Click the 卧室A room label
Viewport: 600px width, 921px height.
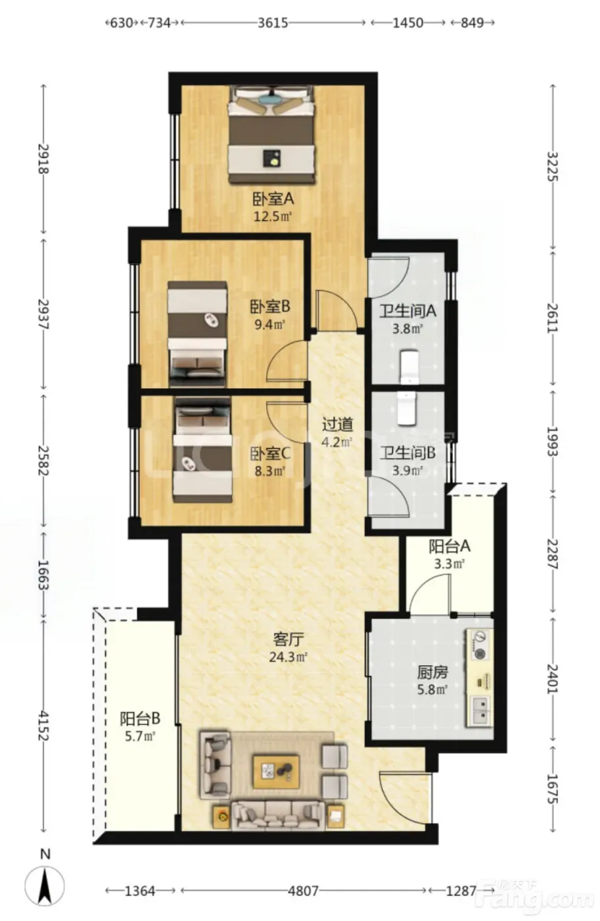pyautogui.click(x=273, y=199)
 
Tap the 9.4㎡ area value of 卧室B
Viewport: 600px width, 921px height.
pyautogui.click(x=269, y=325)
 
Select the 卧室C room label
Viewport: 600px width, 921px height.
pyautogui.click(x=270, y=453)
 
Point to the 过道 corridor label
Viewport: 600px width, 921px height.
pyautogui.click(x=337, y=424)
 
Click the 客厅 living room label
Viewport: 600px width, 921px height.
pyautogui.click(x=288, y=639)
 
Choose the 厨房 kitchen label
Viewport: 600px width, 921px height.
pyautogui.click(x=432, y=672)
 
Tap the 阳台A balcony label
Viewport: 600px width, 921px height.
pyautogui.click(x=449, y=546)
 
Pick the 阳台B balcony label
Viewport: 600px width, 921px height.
pyautogui.click(x=139, y=718)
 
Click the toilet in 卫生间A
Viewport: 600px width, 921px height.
pyautogui.click(x=409, y=367)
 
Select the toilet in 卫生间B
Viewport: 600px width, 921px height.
pyautogui.click(x=407, y=408)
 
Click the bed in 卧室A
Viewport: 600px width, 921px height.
pyautogui.click(x=272, y=134)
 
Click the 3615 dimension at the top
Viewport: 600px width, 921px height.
pyautogui.click(x=273, y=22)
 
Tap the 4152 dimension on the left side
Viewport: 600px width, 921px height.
pyautogui.click(x=43, y=726)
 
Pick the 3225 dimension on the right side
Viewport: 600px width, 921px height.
pyautogui.click(x=553, y=166)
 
